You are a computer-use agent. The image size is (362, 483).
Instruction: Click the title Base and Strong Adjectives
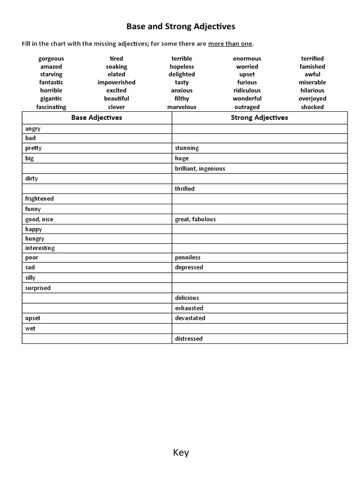(x=181, y=27)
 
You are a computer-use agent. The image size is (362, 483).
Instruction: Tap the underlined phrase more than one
(x=230, y=44)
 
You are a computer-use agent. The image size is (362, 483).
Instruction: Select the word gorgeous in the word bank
(x=51, y=58)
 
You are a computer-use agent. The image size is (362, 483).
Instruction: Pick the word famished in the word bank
(x=312, y=67)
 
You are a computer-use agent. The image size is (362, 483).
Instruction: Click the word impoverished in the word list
(x=116, y=83)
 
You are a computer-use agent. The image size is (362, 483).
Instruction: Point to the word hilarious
(x=312, y=91)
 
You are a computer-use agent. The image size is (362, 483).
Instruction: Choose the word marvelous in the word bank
(x=181, y=107)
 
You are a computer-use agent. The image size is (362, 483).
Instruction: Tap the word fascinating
(x=51, y=107)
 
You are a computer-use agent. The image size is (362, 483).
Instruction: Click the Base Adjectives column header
(x=97, y=117)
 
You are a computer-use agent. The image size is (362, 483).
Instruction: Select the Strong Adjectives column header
(x=259, y=117)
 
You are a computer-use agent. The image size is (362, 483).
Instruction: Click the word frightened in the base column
(x=40, y=199)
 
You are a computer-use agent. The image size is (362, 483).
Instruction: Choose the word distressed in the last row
(x=189, y=339)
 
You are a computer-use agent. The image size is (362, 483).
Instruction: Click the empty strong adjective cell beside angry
(x=259, y=128)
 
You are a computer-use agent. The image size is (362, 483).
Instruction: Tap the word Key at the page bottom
(x=181, y=453)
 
